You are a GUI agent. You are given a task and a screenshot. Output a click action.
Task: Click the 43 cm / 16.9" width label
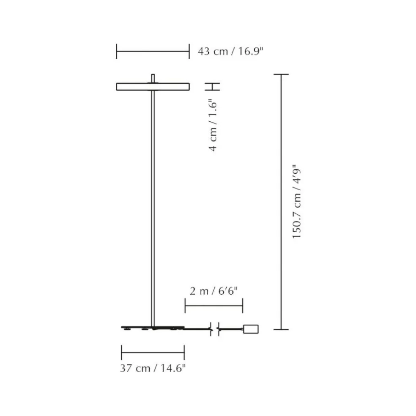pyautogui.click(x=230, y=52)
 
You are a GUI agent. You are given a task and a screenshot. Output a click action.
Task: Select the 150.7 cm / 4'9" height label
pyautogui.click(x=297, y=202)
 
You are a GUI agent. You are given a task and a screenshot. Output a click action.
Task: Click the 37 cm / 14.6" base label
pyautogui.click(x=153, y=368)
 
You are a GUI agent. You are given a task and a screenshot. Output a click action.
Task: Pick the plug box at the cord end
pyautogui.click(x=250, y=328)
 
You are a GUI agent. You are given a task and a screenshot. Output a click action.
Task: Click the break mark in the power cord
pyautogui.click(x=214, y=328)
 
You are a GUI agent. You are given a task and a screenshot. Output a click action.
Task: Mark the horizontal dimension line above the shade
pyautogui.click(x=153, y=52)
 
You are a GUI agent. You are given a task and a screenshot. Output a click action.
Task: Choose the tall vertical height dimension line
pyautogui.click(x=281, y=202)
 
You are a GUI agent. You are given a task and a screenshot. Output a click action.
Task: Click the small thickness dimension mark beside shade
pyautogui.click(x=213, y=86)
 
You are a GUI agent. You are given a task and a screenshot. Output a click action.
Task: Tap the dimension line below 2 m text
pyautogui.click(x=213, y=306)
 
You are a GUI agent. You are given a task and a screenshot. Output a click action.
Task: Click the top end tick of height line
pyautogui.click(x=281, y=74)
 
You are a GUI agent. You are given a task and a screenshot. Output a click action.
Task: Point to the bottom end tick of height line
pyautogui.click(x=281, y=329)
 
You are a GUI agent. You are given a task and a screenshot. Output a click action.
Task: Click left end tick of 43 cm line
pyautogui.click(x=117, y=52)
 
